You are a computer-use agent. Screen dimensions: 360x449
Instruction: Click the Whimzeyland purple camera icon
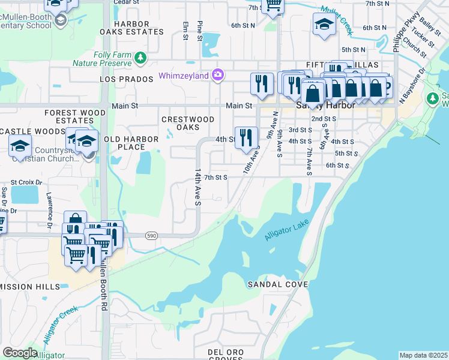[218, 75]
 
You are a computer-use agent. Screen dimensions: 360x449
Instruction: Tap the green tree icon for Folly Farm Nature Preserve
[140, 58]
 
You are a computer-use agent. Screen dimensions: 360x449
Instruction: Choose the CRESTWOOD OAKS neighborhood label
[188, 123]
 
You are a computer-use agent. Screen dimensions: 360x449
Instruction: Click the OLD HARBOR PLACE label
[131, 143]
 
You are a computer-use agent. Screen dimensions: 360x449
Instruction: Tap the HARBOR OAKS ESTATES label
[131, 28]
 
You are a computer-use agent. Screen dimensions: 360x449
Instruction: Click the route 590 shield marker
[151, 236]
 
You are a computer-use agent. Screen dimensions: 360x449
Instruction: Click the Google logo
[20, 352]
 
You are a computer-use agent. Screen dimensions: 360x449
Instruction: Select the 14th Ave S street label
[197, 186]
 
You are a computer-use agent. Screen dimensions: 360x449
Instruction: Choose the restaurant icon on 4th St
[246, 139]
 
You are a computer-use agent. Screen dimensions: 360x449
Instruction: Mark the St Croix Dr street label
[26, 181]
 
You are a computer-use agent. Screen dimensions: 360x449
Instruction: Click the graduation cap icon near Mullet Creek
[324, 25]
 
